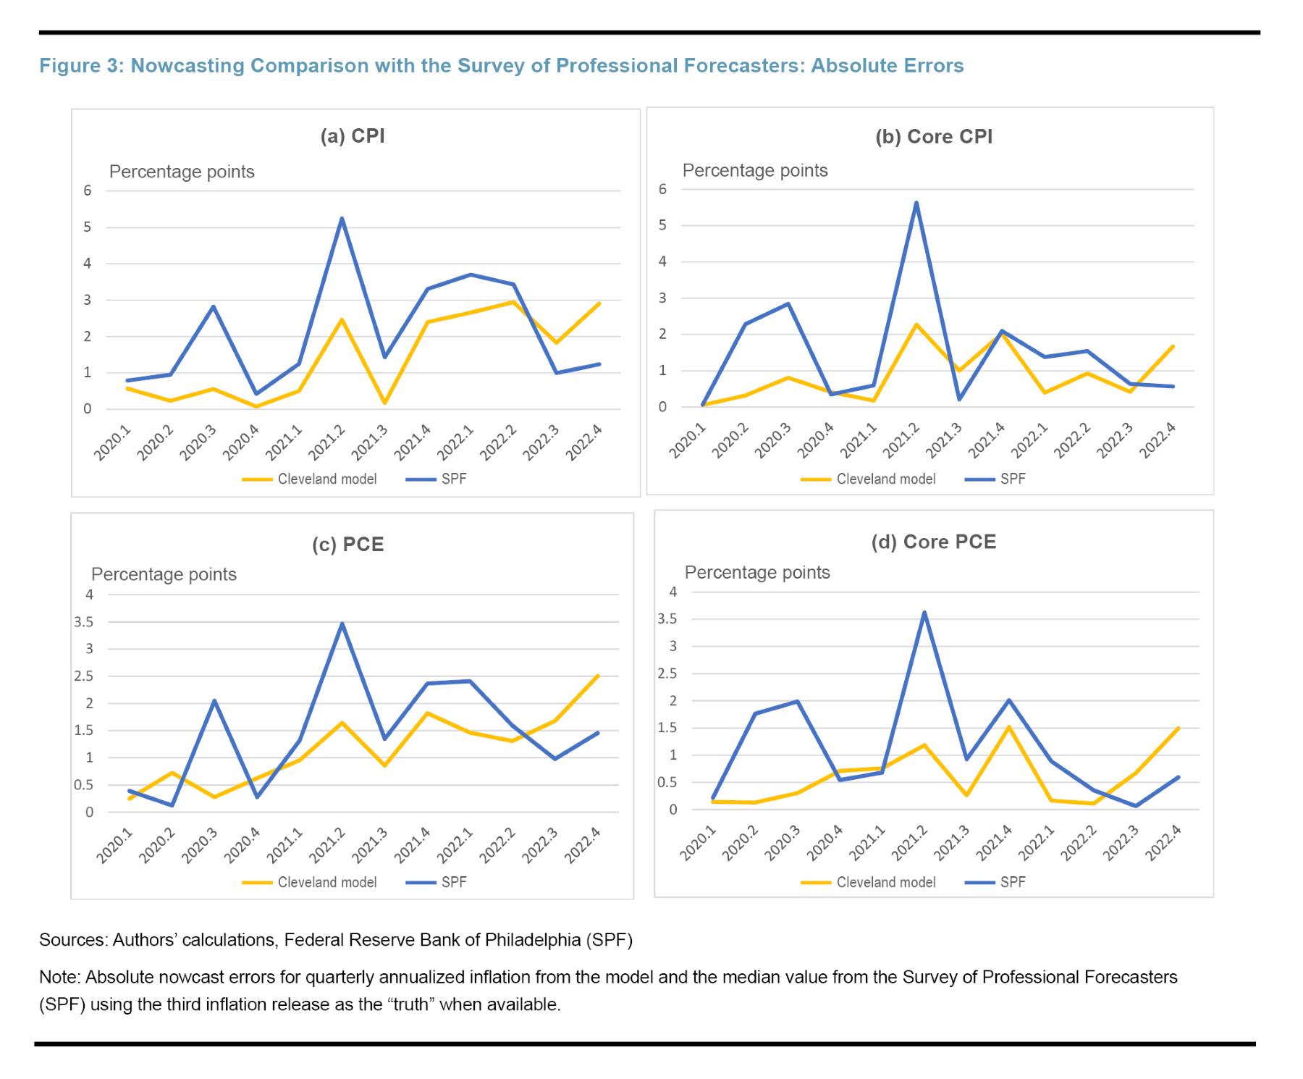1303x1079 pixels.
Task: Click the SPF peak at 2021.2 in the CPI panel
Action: coord(342,218)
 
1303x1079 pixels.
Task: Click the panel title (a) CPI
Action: coord(353,136)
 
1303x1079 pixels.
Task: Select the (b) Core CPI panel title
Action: coord(934,137)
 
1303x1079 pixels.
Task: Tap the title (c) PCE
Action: coord(347,545)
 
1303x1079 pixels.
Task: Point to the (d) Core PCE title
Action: coord(934,542)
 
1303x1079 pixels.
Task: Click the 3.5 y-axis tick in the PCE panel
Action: coord(84,622)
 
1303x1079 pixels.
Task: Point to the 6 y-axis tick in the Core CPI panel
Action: coord(662,190)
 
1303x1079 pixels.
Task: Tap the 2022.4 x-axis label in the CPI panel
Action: coord(584,442)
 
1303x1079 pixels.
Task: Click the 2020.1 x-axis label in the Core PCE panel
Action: coord(698,843)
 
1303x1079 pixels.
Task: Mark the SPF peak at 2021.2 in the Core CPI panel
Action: coord(916,203)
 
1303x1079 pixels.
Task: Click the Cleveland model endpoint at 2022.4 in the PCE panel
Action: coord(598,676)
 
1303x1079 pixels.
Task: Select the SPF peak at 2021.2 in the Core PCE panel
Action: coord(924,613)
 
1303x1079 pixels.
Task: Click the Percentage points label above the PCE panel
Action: coord(164,574)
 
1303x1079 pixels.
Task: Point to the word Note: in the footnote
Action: coord(60,977)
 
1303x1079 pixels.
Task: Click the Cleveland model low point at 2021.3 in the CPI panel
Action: coord(384,403)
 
